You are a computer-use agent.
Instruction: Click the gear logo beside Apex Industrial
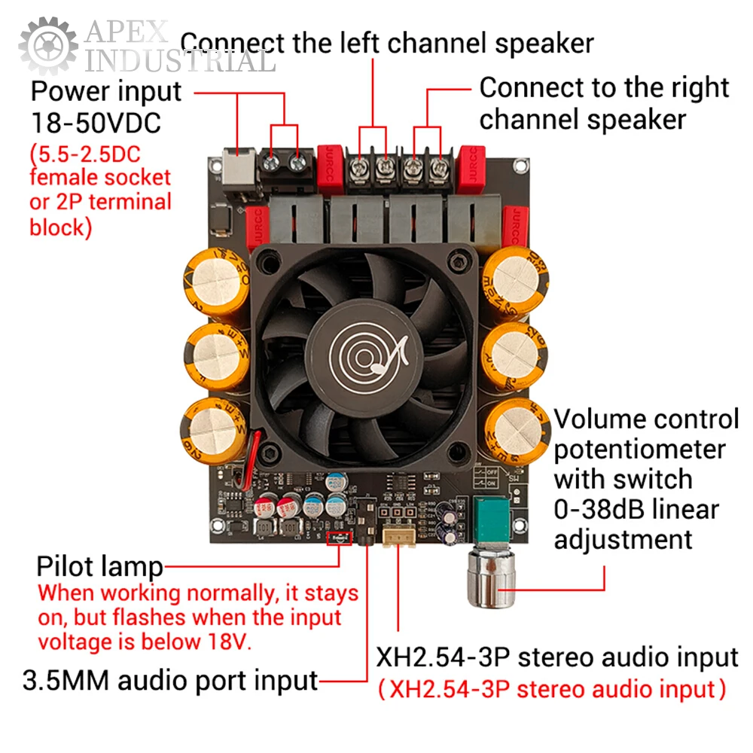(x=47, y=46)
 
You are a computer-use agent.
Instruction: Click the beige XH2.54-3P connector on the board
(x=397, y=536)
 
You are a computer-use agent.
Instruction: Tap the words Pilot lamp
(x=99, y=566)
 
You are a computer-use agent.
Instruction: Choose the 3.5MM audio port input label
(x=171, y=681)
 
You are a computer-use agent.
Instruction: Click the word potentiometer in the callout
(x=639, y=450)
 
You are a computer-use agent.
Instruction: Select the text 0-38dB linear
(x=636, y=510)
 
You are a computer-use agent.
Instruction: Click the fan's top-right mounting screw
(x=459, y=264)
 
